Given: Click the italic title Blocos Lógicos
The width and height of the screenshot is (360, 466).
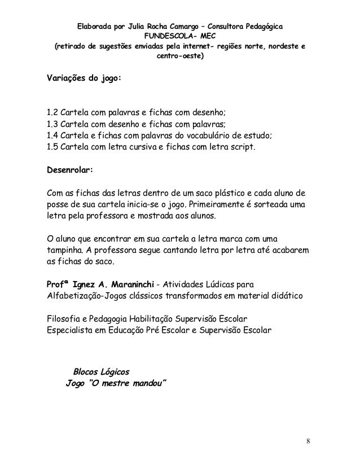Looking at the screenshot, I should (x=99, y=373).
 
